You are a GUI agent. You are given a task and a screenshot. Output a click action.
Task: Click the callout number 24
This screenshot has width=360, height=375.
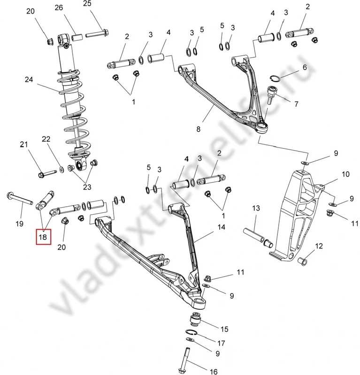pos(29,80)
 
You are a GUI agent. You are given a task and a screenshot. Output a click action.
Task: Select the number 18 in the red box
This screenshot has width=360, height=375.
pos(43,238)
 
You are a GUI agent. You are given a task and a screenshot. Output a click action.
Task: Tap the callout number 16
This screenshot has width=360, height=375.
pos(214,371)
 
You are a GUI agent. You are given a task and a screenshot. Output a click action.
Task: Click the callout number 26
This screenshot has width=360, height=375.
pos(59,7)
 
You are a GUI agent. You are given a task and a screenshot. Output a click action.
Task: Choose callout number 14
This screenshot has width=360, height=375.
pos(221,227)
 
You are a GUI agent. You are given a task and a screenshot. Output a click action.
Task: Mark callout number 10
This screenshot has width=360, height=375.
pos(345,174)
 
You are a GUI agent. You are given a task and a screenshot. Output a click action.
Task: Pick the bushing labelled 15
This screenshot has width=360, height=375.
pos(195,321)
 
